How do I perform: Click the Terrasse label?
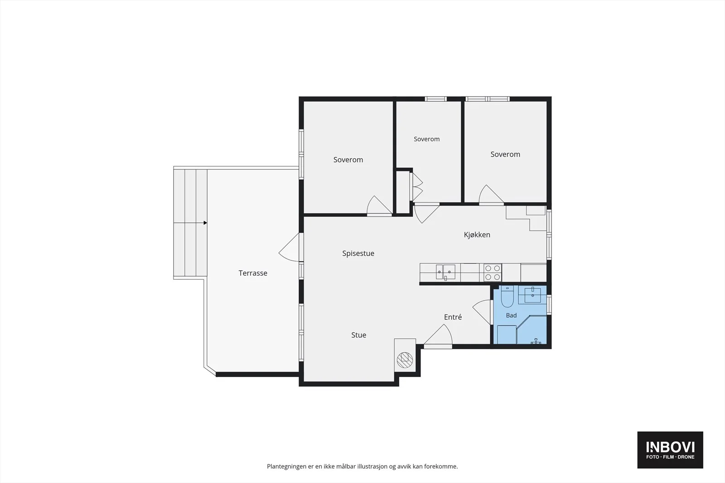coord(253,273)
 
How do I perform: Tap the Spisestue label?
coord(358,253)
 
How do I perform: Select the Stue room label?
coord(358,335)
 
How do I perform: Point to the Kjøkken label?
coord(477,235)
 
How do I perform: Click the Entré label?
coord(453,317)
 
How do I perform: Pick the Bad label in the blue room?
coord(512,315)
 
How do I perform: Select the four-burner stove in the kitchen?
coord(493,273)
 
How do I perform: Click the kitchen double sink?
coord(445,272)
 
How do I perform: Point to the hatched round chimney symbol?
coord(405,360)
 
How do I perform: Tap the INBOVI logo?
coord(670,450)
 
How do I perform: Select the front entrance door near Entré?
coord(438,336)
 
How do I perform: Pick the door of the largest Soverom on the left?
coord(379,206)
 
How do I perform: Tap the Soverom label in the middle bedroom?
coord(426,139)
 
